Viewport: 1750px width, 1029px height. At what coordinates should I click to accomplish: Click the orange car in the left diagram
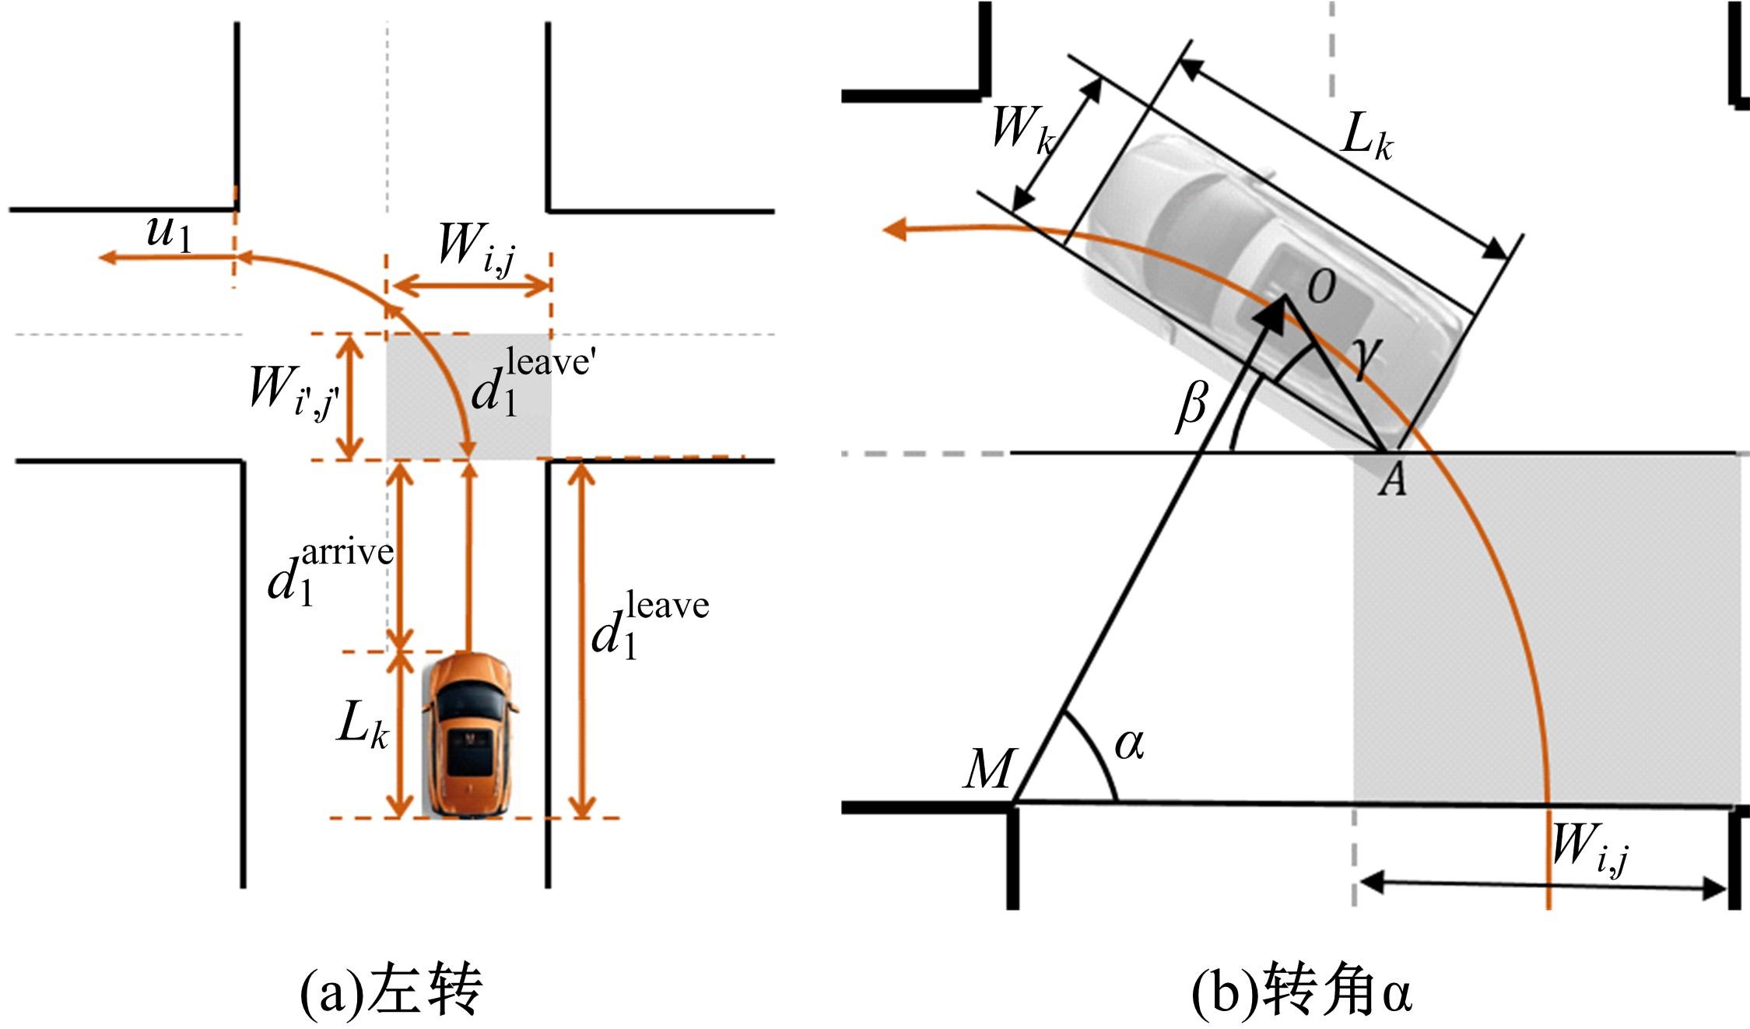[469, 736]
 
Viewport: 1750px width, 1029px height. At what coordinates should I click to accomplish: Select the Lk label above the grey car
[1366, 141]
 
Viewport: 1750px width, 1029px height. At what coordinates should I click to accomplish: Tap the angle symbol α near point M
[1129, 744]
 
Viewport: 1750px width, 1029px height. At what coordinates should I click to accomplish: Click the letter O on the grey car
[1320, 286]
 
